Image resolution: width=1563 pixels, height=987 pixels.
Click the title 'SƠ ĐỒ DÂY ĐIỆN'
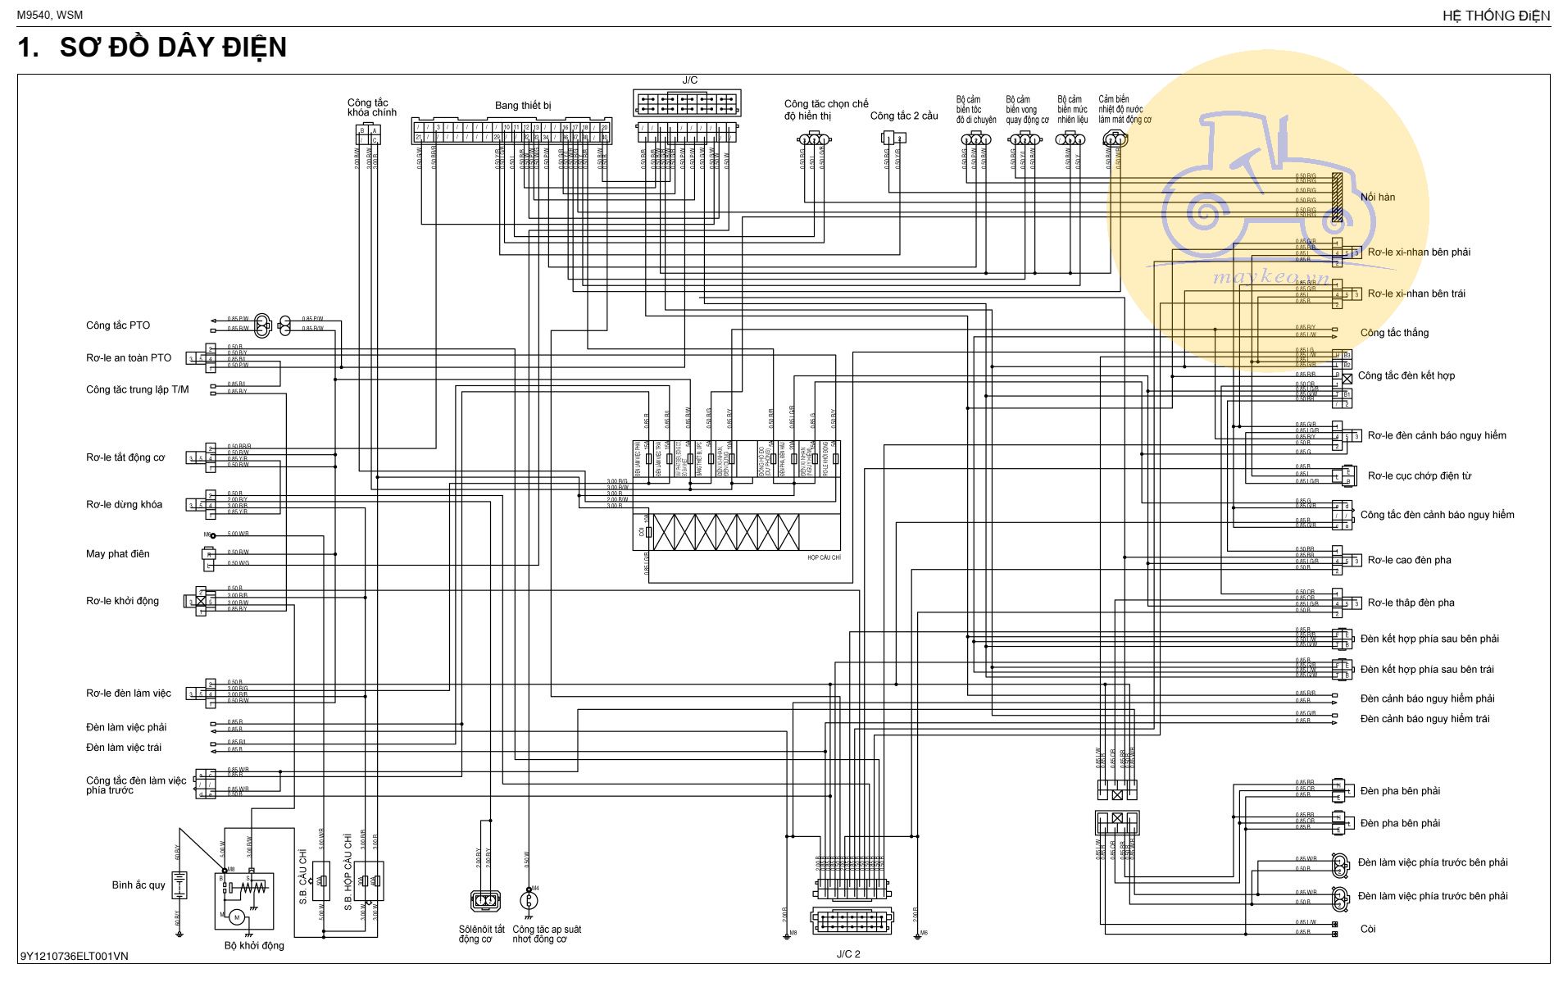[173, 48]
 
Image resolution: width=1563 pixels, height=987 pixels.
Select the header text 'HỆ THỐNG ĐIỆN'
[1496, 16]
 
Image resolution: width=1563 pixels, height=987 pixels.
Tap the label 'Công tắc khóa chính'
[371, 107]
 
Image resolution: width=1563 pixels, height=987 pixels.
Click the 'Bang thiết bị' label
[523, 106]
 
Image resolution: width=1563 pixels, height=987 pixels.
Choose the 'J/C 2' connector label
[848, 954]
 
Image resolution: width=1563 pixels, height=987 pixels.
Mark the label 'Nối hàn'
[1377, 197]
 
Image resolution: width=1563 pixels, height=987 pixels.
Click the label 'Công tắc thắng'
[1394, 333]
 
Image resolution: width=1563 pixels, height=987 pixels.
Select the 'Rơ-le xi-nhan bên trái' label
[1416, 293]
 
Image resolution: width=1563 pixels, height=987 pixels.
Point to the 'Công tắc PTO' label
[118, 325]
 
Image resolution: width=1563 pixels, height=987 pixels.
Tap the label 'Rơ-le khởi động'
[122, 601]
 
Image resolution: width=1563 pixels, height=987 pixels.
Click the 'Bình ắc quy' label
[139, 885]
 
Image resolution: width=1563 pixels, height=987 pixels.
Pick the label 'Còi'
[1368, 929]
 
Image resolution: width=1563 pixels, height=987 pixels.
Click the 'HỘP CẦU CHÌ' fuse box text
[824, 558]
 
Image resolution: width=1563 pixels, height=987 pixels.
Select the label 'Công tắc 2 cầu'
[904, 116]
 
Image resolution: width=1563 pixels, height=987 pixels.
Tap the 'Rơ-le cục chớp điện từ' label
[1419, 475]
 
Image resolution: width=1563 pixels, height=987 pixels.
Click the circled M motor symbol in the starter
[237, 916]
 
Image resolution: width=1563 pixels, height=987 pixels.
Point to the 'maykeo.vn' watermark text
[1270, 277]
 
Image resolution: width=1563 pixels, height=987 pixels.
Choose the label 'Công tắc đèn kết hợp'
[1406, 375]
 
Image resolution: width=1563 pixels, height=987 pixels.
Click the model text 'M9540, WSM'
[50, 15]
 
